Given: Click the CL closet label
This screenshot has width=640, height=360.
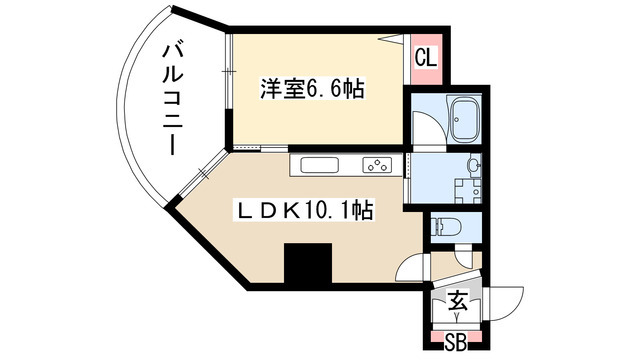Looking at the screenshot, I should coord(425,57).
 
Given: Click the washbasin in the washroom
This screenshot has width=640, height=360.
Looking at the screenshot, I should coord(473,163).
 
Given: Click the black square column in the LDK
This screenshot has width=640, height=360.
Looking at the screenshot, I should coord(306,265).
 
